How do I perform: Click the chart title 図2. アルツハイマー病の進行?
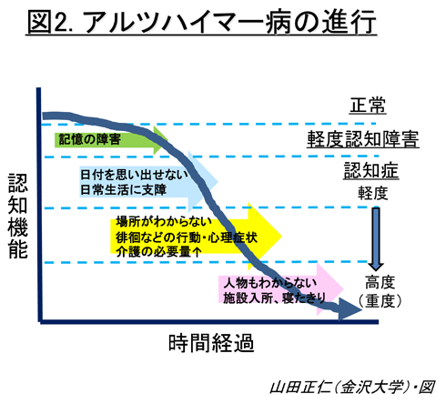[201, 22]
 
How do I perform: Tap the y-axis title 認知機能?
[17, 216]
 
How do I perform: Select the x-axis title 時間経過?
[211, 343]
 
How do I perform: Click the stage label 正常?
[368, 106]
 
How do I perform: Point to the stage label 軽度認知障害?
[363, 139]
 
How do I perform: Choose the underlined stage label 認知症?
[371, 170]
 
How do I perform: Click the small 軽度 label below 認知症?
[373, 193]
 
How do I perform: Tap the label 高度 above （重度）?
[380, 282]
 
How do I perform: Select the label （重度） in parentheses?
[380, 301]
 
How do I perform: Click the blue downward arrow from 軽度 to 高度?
[376, 238]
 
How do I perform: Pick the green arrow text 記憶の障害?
[89, 139]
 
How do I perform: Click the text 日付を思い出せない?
[134, 175]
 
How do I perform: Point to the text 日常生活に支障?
[123, 190]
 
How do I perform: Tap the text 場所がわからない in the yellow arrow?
[164, 222]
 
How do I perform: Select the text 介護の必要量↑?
[158, 251]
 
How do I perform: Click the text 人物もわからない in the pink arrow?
[270, 283]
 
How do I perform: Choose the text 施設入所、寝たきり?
[275, 298]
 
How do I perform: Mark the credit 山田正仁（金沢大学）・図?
[352, 387]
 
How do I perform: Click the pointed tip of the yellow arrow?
[282, 236]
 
